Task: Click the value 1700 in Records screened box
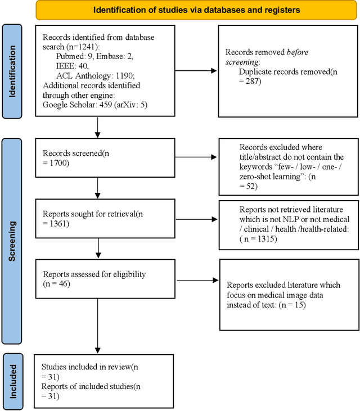60,162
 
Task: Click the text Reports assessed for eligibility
94,274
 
